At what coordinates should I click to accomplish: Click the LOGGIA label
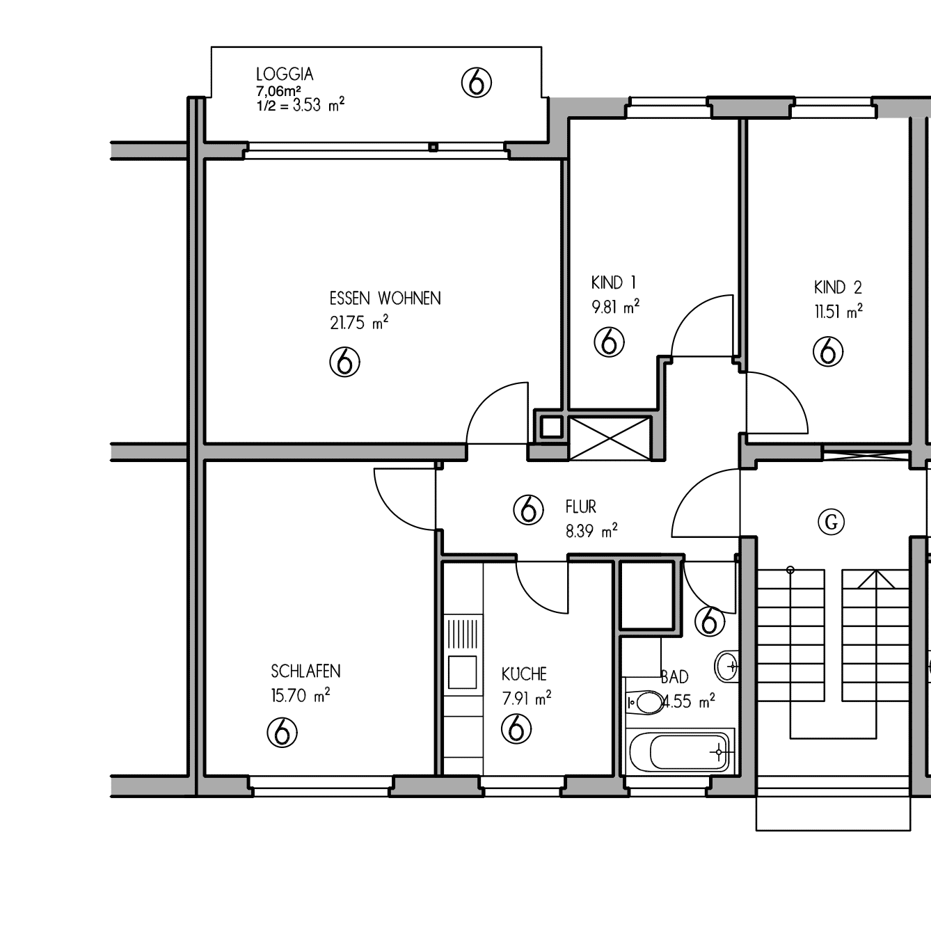pyautogui.click(x=285, y=74)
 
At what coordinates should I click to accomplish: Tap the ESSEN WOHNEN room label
pyautogui.click(x=385, y=298)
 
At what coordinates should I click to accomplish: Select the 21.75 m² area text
pyautogui.click(x=359, y=322)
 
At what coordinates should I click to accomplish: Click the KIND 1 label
pyautogui.click(x=613, y=282)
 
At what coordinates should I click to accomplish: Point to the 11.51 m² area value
pyautogui.click(x=838, y=312)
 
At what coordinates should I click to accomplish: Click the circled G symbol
pyautogui.click(x=831, y=523)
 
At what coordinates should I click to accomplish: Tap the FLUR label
pyautogui.click(x=581, y=507)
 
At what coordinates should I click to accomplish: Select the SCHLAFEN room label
pyautogui.click(x=305, y=671)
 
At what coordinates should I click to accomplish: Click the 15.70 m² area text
pyautogui.click(x=301, y=696)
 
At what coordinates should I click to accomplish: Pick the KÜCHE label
pyautogui.click(x=524, y=674)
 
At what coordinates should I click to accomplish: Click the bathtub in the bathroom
pyautogui.click(x=681, y=753)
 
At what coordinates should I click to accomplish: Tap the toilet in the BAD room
pyautogui.click(x=644, y=702)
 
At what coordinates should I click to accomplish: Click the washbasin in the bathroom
pyautogui.click(x=726, y=667)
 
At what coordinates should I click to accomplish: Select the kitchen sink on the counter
pyautogui.click(x=462, y=671)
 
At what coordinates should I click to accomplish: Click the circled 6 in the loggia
pyautogui.click(x=477, y=83)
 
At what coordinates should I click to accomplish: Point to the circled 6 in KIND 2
pyautogui.click(x=828, y=351)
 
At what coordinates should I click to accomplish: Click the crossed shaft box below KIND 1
pyautogui.click(x=610, y=438)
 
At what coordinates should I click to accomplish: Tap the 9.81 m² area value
pyautogui.click(x=616, y=307)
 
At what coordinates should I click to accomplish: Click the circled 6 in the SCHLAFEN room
pyautogui.click(x=282, y=733)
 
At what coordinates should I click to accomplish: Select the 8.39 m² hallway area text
pyautogui.click(x=591, y=531)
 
